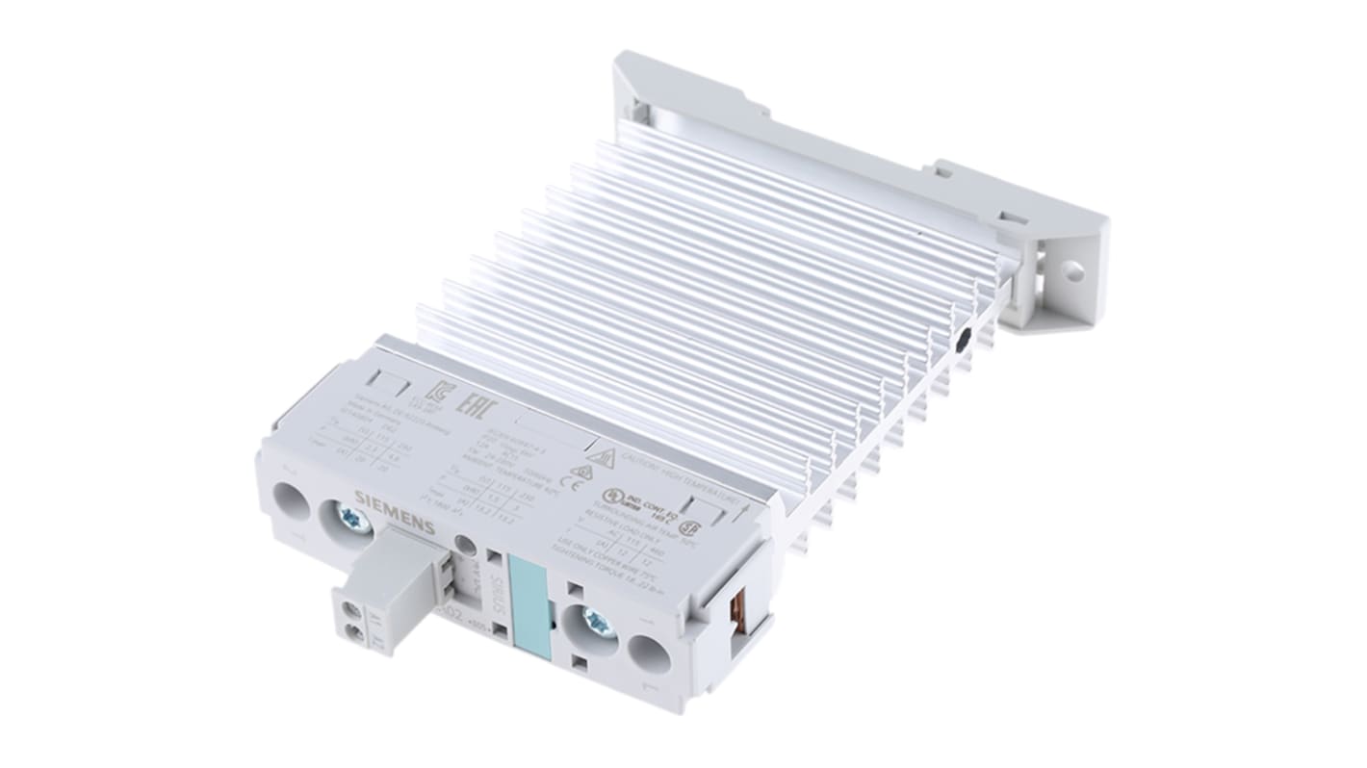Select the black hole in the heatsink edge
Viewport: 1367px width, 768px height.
coord(964,339)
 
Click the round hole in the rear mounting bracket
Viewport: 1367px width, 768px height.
coord(1071,272)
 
